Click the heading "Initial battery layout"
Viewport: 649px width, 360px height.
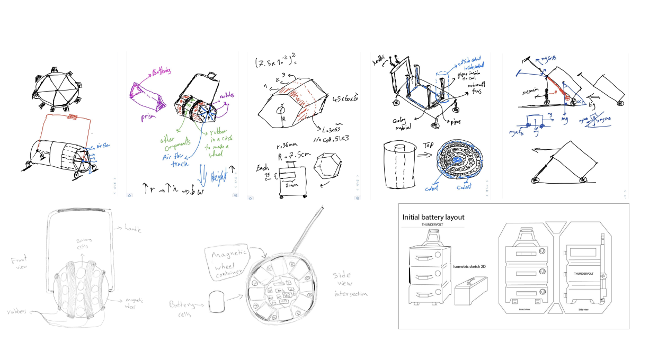click(433, 217)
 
